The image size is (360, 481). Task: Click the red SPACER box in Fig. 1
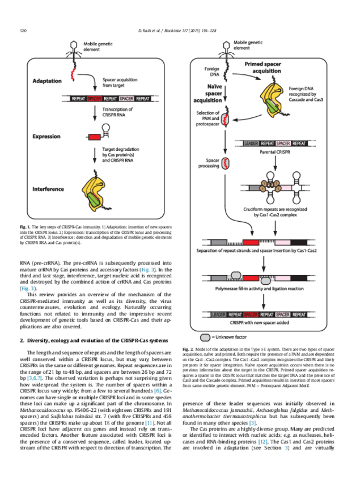click(95, 99)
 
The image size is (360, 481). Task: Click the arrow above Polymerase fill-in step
click(264, 261)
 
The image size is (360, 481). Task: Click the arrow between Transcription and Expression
click(94, 120)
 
